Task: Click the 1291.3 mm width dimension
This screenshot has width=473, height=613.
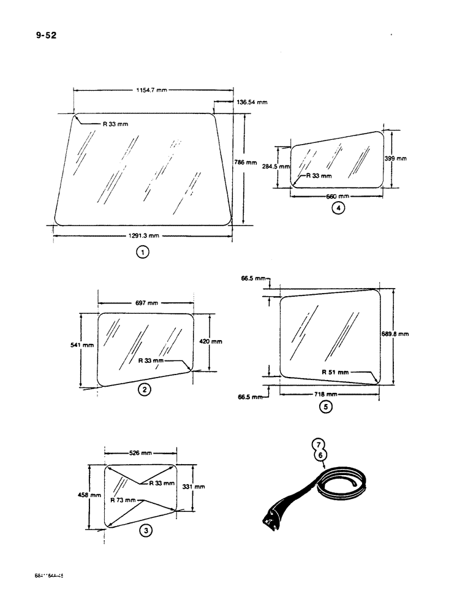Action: pyautogui.click(x=143, y=235)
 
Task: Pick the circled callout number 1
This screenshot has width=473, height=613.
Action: pyautogui.click(x=142, y=251)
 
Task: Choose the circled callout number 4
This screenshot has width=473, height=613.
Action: pyautogui.click(x=338, y=208)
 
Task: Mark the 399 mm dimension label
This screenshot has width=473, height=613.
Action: pyautogui.click(x=396, y=158)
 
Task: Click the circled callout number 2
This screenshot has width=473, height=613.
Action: pyautogui.click(x=143, y=389)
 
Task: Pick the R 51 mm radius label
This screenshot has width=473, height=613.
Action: pyautogui.click(x=335, y=372)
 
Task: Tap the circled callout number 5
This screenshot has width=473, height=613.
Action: pyautogui.click(x=326, y=406)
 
